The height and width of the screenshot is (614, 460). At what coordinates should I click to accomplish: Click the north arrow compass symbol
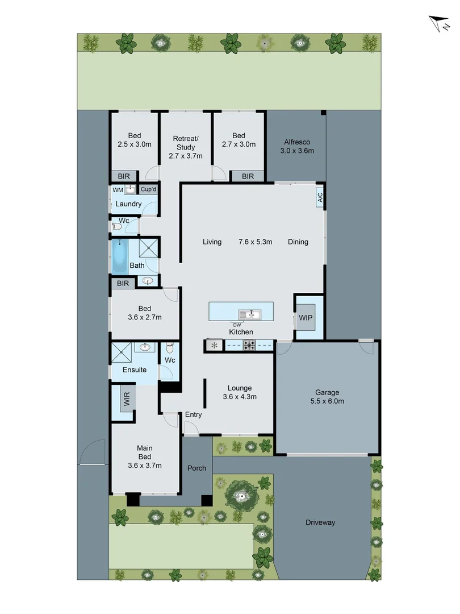tap(438, 24)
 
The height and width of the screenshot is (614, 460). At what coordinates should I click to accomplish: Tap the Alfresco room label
tap(296, 143)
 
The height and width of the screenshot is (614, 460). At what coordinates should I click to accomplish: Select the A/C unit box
tap(320, 197)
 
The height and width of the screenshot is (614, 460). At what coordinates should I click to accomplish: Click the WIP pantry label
tap(306, 317)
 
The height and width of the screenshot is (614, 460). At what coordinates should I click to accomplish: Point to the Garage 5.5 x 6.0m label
tap(328, 396)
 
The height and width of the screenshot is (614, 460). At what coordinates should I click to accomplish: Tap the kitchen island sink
tap(249, 314)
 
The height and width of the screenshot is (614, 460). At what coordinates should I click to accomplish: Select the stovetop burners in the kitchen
tap(249, 345)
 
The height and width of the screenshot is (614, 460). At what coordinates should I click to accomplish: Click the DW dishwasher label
tap(237, 325)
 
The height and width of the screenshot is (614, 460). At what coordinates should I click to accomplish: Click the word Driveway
tap(320, 522)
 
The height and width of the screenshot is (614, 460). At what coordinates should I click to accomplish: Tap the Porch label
tap(197, 468)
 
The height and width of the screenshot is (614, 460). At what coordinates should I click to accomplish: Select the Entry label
tap(193, 414)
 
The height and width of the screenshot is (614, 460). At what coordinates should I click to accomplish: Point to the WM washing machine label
tap(118, 189)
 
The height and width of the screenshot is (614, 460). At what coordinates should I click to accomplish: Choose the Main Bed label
tap(145, 457)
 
